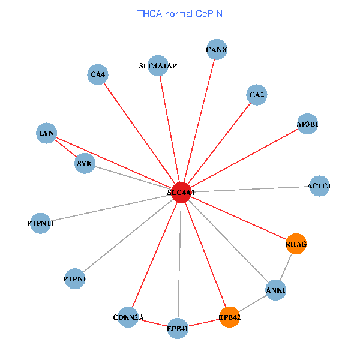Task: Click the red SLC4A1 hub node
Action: (181, 193)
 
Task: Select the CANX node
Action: (217, 49)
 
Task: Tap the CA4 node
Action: (98, 74)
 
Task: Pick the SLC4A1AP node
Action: (158, 65)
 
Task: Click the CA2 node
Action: (257, 95)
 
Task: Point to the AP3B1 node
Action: (307, 124)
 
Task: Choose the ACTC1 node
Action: (319, 186)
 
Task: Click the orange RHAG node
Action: (296, 244)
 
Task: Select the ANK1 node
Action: (275, 290)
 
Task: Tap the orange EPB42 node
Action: (229, 317)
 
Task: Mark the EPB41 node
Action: (178, 329)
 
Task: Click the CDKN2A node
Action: (128, 317)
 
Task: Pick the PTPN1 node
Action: (74, 279)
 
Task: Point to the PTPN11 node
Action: (40, 223)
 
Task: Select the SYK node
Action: (85, 163)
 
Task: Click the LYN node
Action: (47, 133)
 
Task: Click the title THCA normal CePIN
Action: (180, 14)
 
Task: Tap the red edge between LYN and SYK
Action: (65, 148)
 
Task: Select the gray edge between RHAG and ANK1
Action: (286, 267)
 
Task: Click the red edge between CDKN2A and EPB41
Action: (153, 323)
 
